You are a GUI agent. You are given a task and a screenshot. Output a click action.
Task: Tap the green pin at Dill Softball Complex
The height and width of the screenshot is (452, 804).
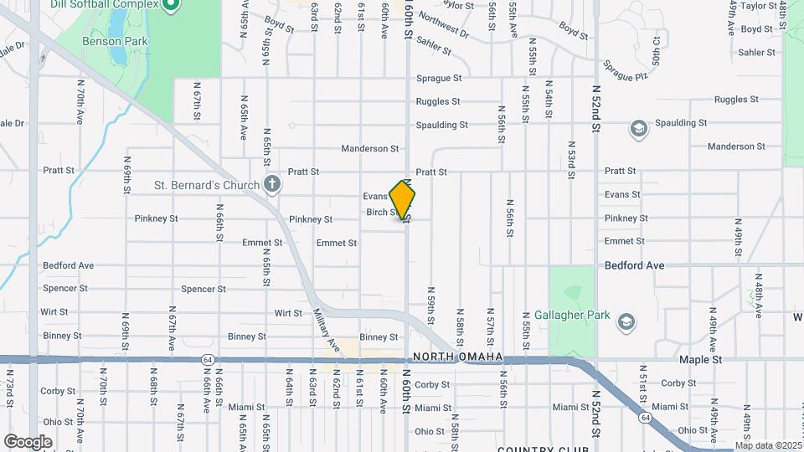click(171, 5)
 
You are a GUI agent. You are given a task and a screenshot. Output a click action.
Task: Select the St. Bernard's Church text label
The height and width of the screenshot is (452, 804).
click(206, 184)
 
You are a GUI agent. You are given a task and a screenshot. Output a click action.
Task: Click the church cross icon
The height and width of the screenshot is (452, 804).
click(271, 183)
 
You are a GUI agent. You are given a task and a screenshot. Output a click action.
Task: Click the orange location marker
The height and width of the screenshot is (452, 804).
click(403, 201)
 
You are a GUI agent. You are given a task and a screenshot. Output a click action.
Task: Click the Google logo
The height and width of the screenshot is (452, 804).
click(28, 441)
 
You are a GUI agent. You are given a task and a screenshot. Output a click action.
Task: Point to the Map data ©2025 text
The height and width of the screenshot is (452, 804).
click(767, 445)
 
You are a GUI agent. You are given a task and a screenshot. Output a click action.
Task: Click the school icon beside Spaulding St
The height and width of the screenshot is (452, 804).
click(638, 129)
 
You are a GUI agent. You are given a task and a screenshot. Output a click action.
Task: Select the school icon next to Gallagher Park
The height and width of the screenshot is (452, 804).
click(626, 321)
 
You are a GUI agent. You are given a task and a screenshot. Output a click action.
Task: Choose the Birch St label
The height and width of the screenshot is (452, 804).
click(382, 213)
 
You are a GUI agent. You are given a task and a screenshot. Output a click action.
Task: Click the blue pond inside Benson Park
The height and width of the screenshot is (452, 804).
click(119, 54)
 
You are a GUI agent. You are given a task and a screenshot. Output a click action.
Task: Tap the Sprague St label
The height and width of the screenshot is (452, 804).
click(439, 79)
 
